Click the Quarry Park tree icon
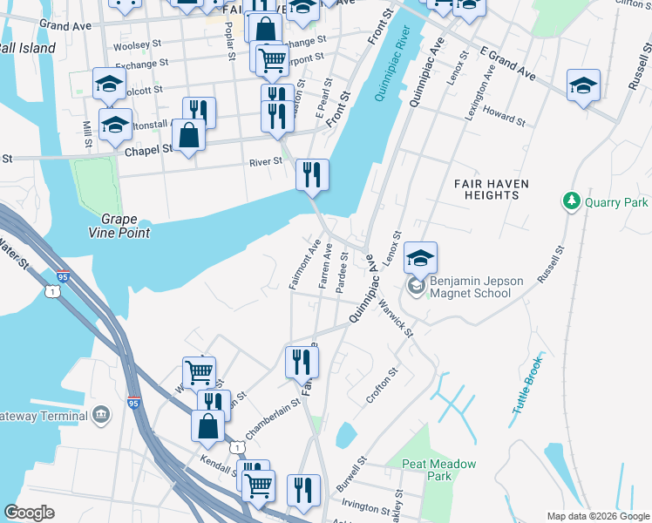tap(572, 201)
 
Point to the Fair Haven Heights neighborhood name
tap(486, 189)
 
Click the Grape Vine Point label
tap(126, 226)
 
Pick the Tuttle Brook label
tap(527, 385)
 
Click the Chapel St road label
tap(149, 151)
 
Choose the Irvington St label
tap(365, 506)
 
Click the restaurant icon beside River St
tap(311, 174)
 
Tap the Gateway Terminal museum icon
tap(102, 413)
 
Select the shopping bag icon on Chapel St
tap(188, 135)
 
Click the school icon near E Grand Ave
tap(583, 85)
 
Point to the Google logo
tap(30, 513)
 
